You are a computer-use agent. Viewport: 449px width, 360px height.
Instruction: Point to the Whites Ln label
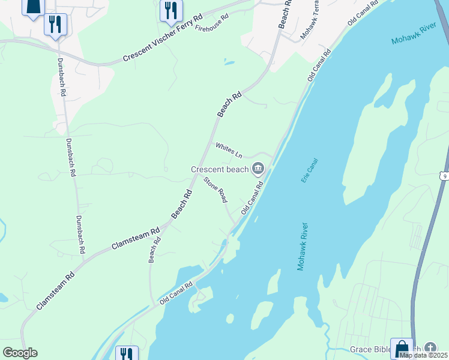229,151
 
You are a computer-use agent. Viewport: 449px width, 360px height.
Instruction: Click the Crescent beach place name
219,169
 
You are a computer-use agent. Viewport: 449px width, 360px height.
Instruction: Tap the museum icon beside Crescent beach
259,169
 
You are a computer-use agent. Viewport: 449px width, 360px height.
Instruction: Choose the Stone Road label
215,189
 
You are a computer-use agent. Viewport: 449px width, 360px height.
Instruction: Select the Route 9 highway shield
444,175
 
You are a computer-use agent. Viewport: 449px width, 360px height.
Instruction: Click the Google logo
20,353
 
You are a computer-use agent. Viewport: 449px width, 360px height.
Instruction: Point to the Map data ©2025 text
423,355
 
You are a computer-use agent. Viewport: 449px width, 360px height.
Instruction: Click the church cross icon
430,348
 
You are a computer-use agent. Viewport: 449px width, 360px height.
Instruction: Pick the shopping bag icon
402,349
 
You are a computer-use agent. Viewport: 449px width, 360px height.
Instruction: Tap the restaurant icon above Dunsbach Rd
55,24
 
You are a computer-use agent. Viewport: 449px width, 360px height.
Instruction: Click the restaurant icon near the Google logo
126,354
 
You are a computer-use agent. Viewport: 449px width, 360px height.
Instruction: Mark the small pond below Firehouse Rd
229,61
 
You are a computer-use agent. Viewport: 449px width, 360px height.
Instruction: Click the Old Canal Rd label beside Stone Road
253,199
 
